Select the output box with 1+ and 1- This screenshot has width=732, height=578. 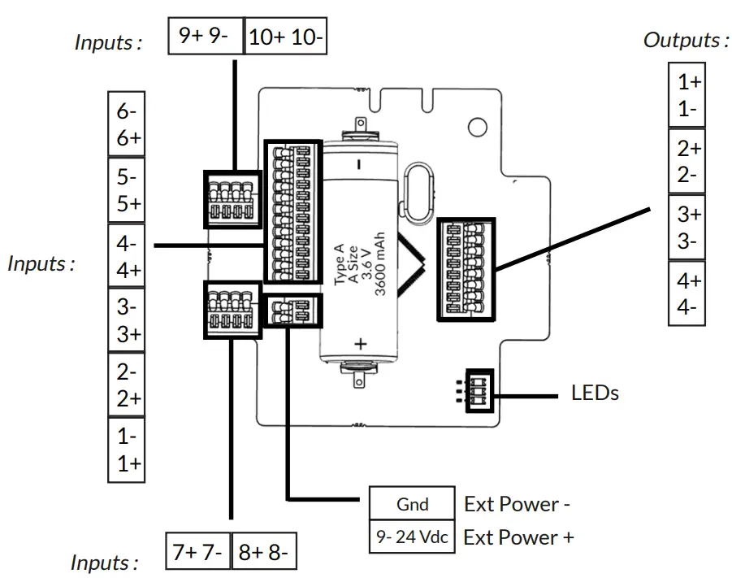(688, 95)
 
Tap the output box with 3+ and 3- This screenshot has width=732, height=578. (688, 228)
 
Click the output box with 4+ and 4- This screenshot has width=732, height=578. (688, 293)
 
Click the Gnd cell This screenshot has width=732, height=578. (412, 504)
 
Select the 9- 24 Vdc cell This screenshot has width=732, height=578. (412, 537)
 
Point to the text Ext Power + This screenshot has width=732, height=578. (518, 537)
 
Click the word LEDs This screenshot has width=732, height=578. (595, 393)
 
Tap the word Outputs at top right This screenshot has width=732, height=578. (684, 40)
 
